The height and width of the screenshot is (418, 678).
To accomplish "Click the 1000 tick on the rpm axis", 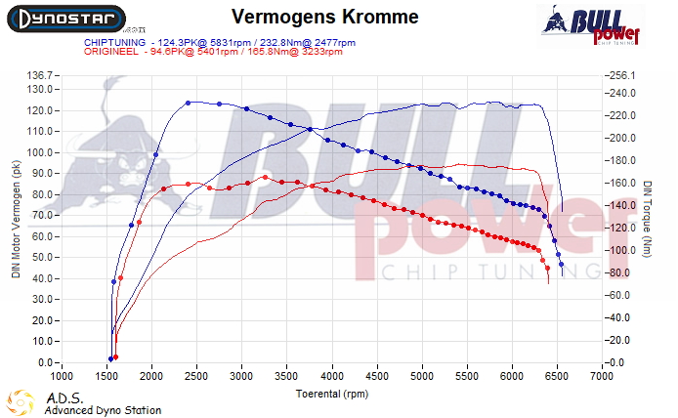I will pyautogui.click(x=62, y=375).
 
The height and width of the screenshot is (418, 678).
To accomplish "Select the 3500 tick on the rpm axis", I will pyautogui.click(x=287, y=375).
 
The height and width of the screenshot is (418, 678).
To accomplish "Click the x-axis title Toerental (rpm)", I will pyautogui.click(x=332, y=394).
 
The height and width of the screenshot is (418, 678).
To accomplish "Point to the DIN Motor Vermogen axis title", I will pyautogui.click(x=16, y=219).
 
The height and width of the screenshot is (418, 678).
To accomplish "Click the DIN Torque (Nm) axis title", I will pyautogui.click(x=647, y=219).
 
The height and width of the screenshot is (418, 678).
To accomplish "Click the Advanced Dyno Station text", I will pyautogui.click(x=103, y=410).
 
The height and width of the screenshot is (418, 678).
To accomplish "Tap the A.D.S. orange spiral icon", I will pyautogui.click(x=20, y=402).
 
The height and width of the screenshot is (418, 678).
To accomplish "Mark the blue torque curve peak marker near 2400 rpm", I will pyautogui.click(x=188, y=103).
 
